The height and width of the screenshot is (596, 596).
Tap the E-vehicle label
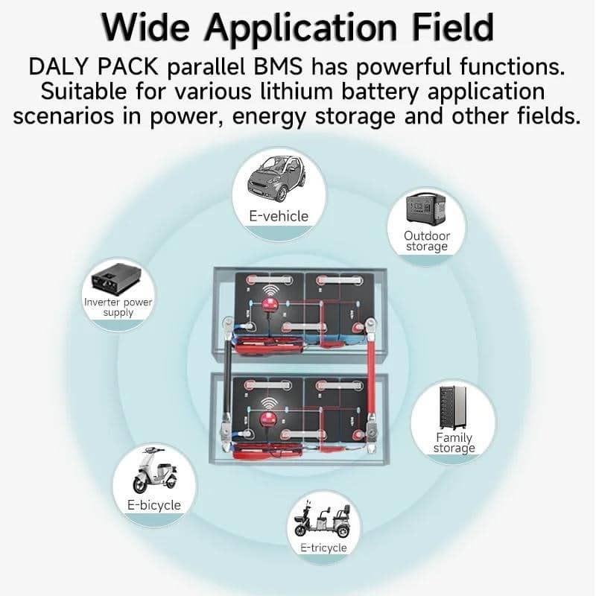point(278,216)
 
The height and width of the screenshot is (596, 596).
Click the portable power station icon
point(427,208)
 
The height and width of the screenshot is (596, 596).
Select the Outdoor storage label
point(427,241)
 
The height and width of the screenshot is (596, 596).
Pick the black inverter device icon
point(118,279)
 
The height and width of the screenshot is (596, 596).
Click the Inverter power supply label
point(118,308)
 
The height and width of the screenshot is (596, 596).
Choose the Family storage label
point(454,443)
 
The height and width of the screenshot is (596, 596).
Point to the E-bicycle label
point(153,505)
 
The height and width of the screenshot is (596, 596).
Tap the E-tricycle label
point(323,548)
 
